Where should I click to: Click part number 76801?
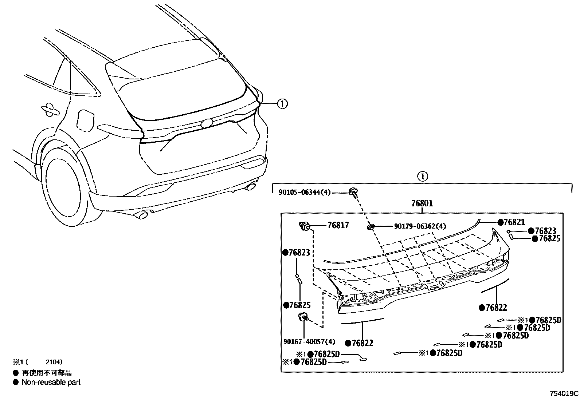click(x=422, y=203)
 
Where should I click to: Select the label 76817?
click(x=338, y=225)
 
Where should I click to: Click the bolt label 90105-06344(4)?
click(x=304, y=192)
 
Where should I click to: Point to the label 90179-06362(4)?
click(x=420, y=226)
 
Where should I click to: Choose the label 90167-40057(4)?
click(x=309, y=342)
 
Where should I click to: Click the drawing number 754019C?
click(x=564, y=393)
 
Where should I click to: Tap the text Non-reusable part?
click(x=51, y=382)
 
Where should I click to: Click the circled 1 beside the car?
click(x=282, y=104)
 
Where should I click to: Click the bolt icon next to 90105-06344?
click(x=353, y=191)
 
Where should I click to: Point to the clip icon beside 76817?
click(x=303, y=226)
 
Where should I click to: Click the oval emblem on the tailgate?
click(x=207, y=123)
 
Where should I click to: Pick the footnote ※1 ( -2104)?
click(x=38, y=362)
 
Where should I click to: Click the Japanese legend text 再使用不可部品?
click(x=47, y=373)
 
